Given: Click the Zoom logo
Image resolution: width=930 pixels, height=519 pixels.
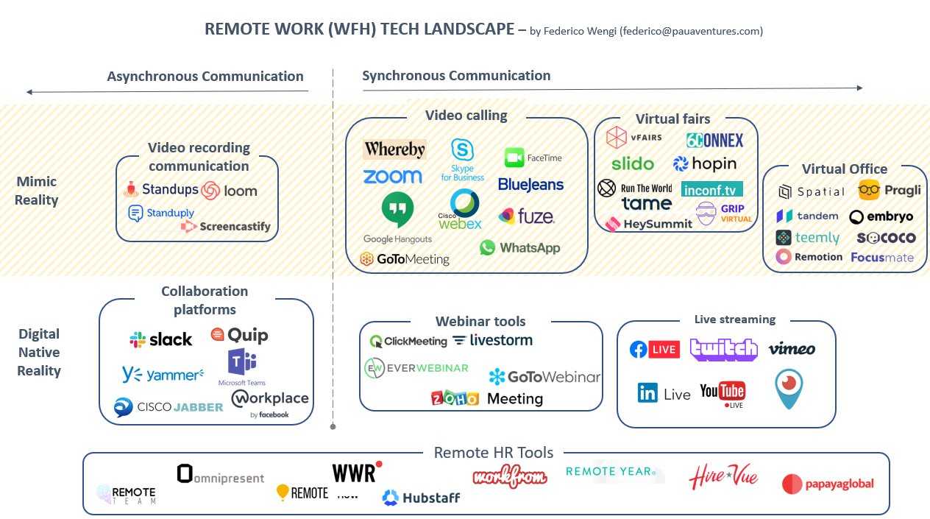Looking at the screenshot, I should pyautogui.click(x=392, y=177).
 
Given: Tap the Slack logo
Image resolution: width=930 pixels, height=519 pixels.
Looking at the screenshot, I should pyautogui.click(x=160, y=339).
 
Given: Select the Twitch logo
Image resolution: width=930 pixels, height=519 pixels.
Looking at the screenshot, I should pyautogui.click(x=723, y=349).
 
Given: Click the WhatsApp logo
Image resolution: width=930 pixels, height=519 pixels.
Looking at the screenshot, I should pyautogui.click(x=519, y=248).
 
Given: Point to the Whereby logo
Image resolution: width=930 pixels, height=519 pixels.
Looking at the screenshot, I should pyautogui.click(x=394, y=149).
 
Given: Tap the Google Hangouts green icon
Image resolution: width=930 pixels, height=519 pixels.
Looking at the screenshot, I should pyautogui.click(x=397, y=209).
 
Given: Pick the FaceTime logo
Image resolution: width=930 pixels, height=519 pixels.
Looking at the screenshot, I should pyautogui.click(x=533, y=158).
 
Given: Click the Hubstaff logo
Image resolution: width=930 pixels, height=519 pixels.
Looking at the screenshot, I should pyautogui.click(x=421, y=498).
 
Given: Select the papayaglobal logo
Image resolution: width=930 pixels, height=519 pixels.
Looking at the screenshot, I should pyautogui.click(x=828, y=484).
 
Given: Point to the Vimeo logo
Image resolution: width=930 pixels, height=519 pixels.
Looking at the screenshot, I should pyautogui.click(x=792, y=349).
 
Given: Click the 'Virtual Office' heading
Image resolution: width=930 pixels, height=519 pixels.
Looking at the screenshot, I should pyautogui.click(x=844, y=169).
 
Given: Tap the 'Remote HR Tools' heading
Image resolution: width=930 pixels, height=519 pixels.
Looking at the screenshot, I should pyautogui.click(x=494, y=452).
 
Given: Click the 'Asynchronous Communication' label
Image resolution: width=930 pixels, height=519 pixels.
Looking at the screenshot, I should pyautogui.click(x=205, y=77).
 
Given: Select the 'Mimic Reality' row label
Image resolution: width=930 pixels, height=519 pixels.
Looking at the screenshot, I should pyautogui.click(x=37, y=191).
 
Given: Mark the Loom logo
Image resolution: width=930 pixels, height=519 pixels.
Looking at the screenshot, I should pyautogui.click(x=230, y=191).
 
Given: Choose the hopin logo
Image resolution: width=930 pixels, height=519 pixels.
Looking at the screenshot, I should pyautogui.click(x=704, y=163).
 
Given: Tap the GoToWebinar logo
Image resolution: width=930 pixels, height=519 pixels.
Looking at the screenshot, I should pyautogui.click(x=544, y=377).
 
